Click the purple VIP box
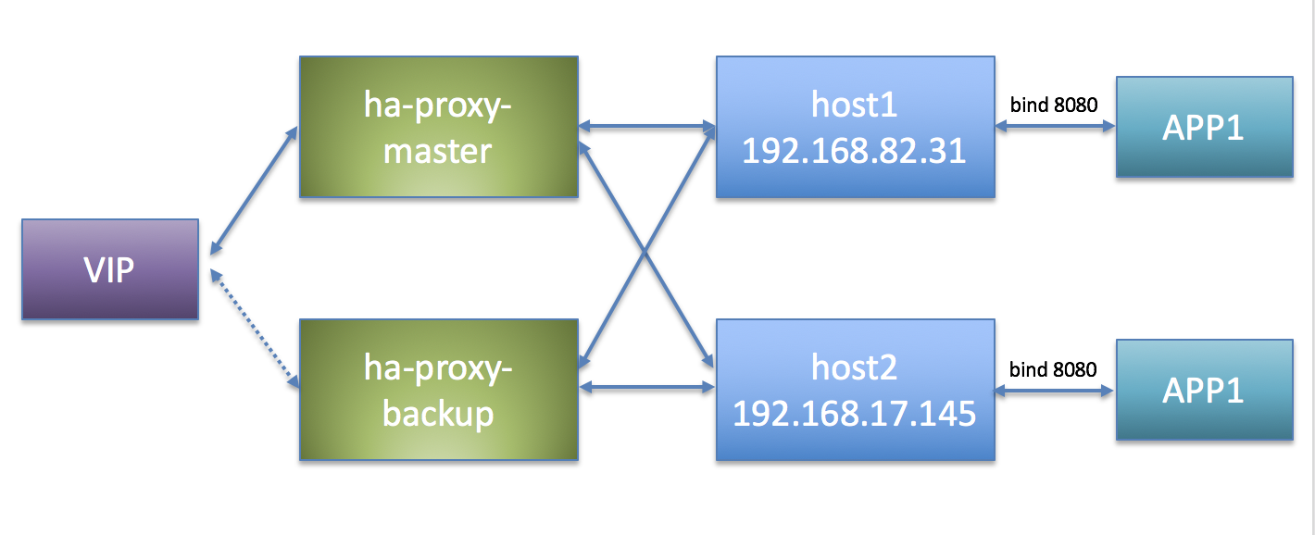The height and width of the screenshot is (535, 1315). [109, 269]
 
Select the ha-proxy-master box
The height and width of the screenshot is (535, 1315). [438, 127]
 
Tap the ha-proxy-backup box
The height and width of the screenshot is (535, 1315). [438, 390]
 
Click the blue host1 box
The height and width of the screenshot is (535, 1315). [855, 127]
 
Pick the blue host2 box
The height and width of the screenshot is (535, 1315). [855, 390]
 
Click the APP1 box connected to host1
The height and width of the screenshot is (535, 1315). [1204, 127]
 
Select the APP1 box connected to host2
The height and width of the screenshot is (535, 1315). [1204, 390]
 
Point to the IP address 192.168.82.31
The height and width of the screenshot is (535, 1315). [854, 151]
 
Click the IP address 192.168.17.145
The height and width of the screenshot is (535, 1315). [854, 413]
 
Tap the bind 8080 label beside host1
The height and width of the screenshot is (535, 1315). [1053, 106]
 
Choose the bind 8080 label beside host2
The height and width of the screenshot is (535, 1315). [1053, 370]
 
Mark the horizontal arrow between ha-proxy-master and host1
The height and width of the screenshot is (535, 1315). [646, 127]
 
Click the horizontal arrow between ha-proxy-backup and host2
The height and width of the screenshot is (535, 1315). [646, 390]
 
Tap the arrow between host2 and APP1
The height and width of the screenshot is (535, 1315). [1055, 390]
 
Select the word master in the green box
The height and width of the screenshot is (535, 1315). [437, 150]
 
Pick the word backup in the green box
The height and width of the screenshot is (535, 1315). [437, 413]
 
